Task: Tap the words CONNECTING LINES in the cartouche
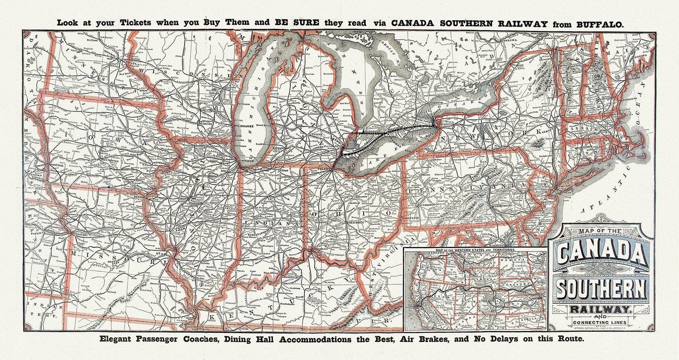click(599, 322)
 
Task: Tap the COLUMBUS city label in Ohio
click(356, 222)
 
